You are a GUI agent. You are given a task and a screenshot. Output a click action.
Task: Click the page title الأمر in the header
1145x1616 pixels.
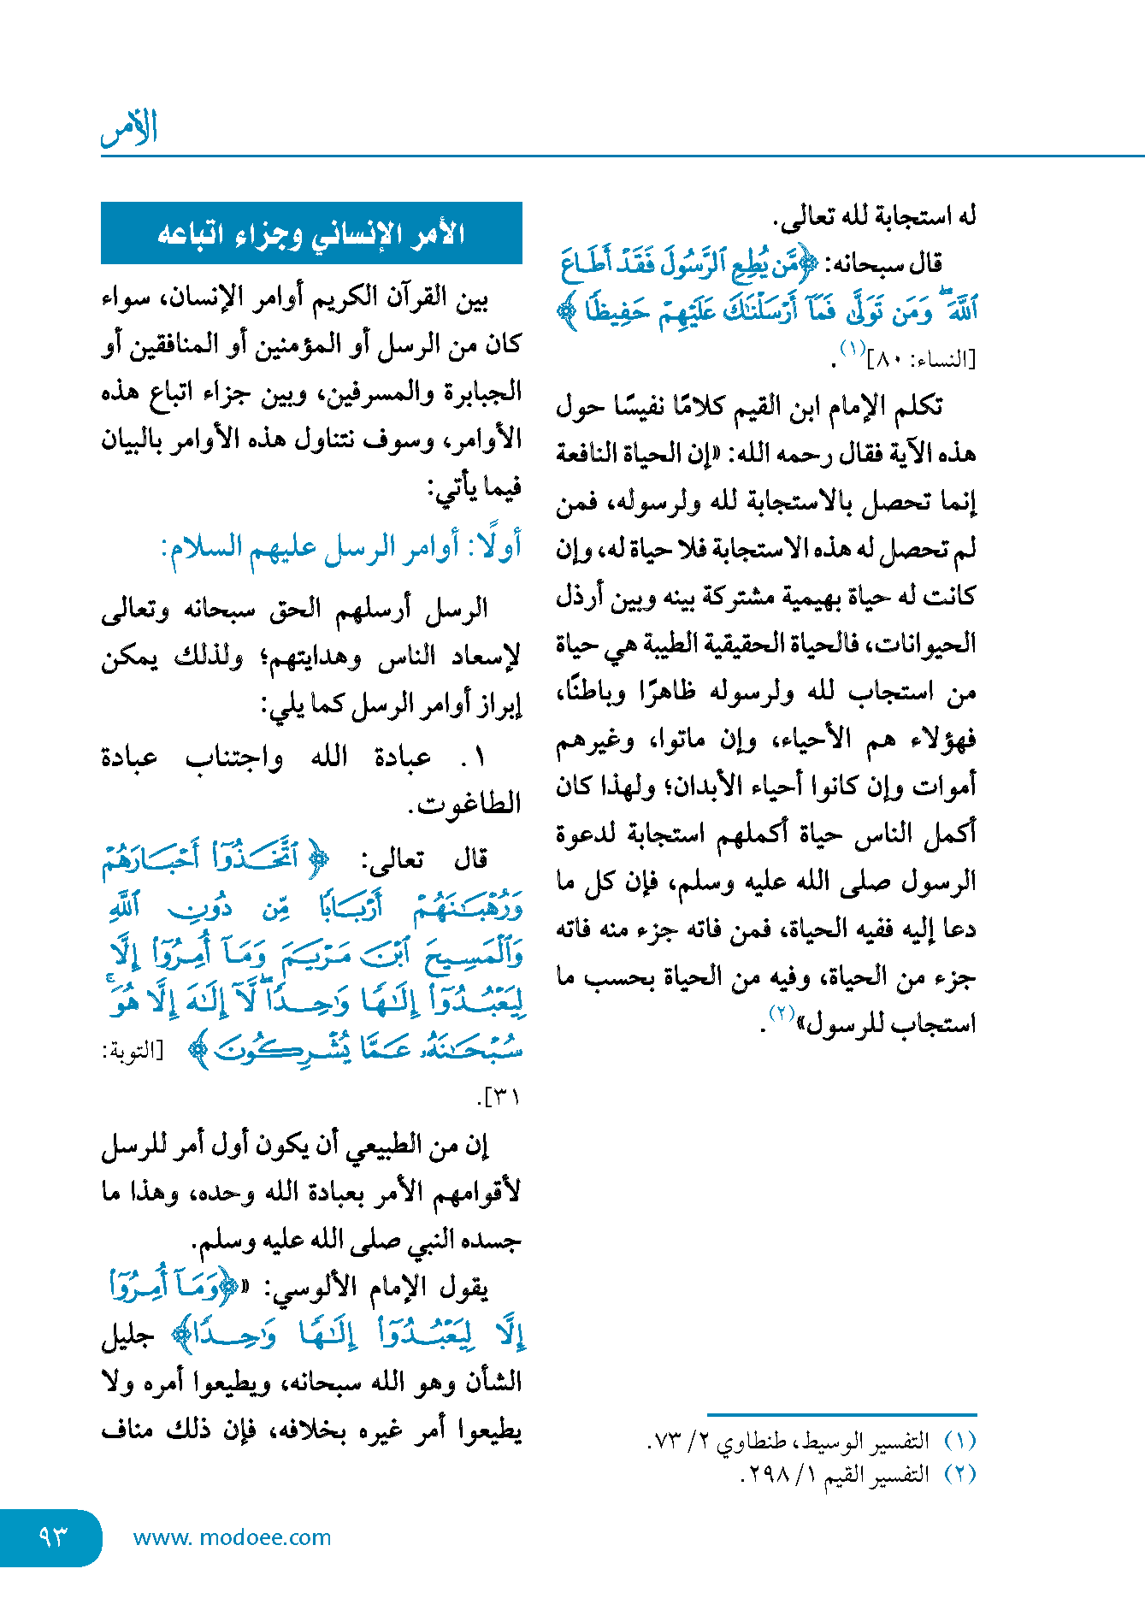click(130, 128)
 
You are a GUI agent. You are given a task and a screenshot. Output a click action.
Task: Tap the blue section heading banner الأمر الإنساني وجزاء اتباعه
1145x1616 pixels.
click(311, 233)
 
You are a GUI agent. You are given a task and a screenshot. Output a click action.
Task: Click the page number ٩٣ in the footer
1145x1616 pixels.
click(52, 1536)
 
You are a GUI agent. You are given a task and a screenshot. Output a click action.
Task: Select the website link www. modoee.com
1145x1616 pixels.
click(232, 1537)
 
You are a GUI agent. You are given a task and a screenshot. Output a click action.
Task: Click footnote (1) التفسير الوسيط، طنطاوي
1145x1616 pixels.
click(812, 1442)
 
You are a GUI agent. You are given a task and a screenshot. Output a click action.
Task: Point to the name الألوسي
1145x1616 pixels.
click(324, 1288)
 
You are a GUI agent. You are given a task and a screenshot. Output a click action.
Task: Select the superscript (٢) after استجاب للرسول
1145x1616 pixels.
click(782, 1014)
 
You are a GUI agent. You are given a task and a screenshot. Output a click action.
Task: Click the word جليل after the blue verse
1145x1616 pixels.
click(127, 1336)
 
